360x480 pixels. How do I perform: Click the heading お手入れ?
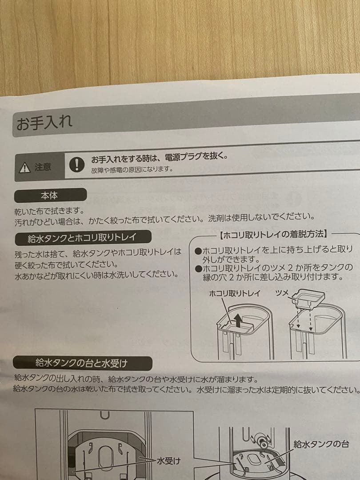[x=44, y=123]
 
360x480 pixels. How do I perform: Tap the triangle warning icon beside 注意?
[x=24, y=168]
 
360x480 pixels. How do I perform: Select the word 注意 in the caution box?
[x=43, y=168]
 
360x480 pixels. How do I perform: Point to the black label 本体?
[x=49, y=195]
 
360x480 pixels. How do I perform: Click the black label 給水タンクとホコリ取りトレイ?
[x=82, y=238]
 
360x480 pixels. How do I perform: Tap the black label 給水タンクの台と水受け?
[x=82, y=364]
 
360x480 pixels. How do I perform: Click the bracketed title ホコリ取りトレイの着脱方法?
[x=273, y=234]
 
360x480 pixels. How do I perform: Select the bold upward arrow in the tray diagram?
[x=239, y=320]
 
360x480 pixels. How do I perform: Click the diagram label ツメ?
[x=282, y=293]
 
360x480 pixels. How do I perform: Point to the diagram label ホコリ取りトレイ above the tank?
[x=235, y=293]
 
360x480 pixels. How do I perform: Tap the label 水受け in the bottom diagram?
[x=168, y=461]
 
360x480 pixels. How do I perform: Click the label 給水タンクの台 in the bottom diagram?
[x=321, y=444]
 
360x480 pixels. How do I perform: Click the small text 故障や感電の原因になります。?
[x=132, y=169]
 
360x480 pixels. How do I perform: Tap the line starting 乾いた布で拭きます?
[x=49, y=209]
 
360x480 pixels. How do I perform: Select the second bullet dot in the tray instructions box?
[x=198, y=268]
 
